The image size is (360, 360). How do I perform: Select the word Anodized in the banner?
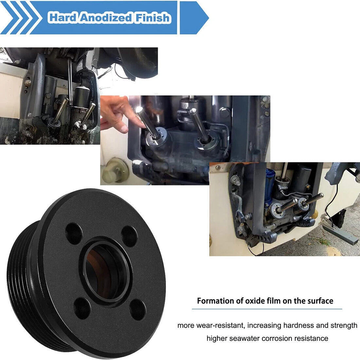click(106, 18)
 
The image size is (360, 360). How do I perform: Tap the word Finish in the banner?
click(152, 18)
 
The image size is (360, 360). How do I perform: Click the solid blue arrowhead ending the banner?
click(194, 18)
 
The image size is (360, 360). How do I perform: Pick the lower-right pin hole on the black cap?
click(137, 310)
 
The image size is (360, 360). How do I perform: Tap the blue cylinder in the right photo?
click(269, 186)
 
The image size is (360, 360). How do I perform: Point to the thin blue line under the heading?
click(267, 309)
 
